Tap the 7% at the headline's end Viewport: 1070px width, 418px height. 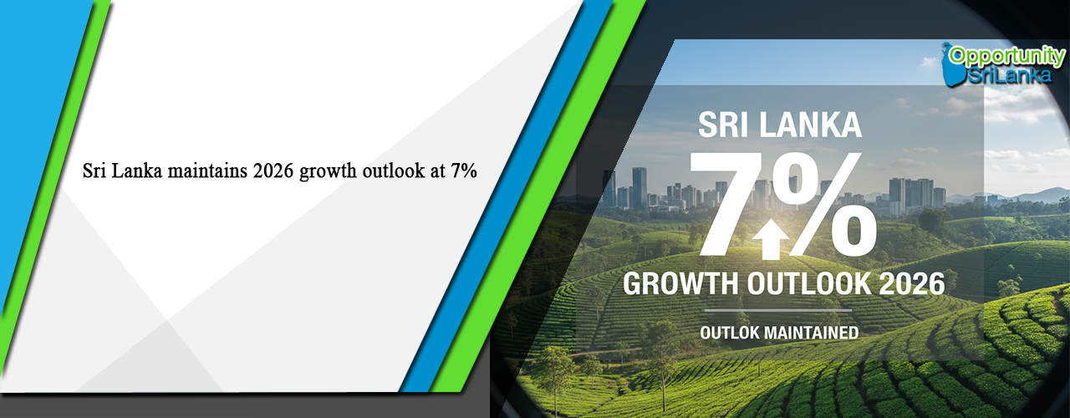coord(463,172)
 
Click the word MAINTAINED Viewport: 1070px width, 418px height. coord(810,333)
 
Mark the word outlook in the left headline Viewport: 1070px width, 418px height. coord(395,172)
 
